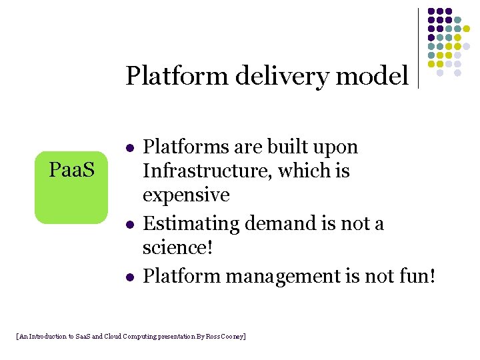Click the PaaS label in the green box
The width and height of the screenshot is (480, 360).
71,170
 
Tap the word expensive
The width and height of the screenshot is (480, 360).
186,195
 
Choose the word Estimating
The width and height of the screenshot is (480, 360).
191,223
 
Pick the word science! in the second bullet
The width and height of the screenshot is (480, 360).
177,247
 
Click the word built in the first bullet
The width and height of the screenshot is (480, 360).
287,147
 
